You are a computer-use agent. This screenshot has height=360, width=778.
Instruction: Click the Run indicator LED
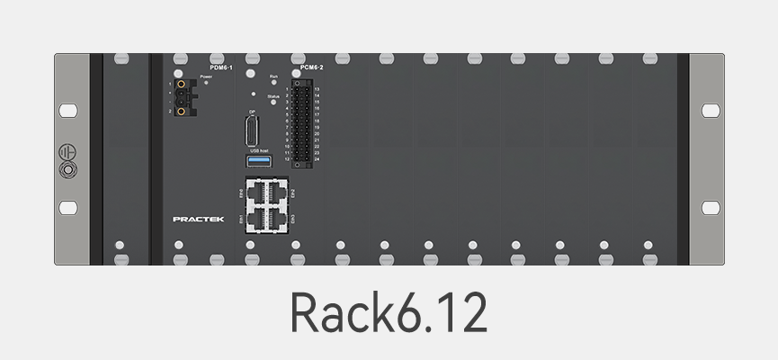point(273,84)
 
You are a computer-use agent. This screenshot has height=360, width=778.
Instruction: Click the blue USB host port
point(259,161)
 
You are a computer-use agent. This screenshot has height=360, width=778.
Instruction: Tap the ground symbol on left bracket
point(67,150)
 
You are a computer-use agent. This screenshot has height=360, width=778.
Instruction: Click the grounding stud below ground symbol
point(67,168)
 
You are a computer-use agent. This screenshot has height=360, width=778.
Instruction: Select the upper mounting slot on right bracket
point(711,111)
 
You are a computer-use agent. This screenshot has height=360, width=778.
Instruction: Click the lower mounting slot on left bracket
point(67,208)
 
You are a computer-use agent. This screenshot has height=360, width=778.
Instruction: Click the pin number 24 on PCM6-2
point(317,158)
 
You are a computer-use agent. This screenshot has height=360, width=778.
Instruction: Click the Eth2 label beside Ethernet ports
point(293,193)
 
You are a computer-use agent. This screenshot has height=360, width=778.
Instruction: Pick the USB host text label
point(259,151)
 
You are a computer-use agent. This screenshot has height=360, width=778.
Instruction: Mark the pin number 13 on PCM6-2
point(317,90)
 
